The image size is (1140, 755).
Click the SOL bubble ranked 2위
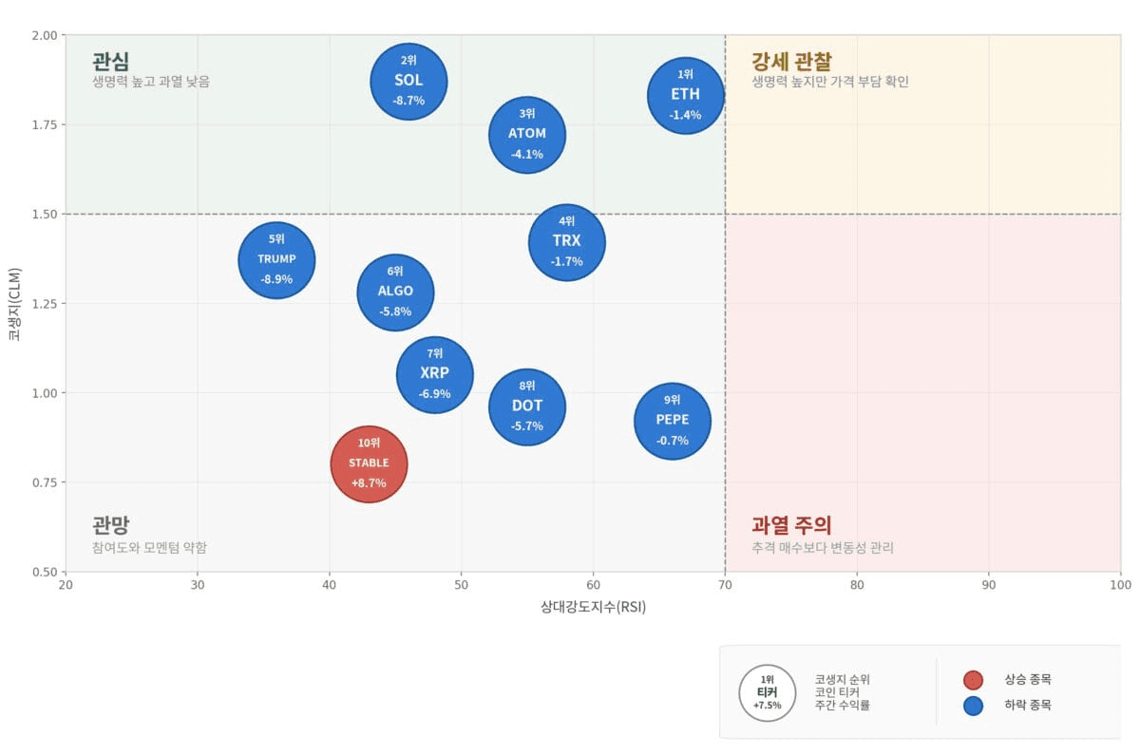(408, 82)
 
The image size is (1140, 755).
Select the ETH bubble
(686, 96)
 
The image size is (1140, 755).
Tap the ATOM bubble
(527, 135)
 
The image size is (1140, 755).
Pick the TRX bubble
(567, 242)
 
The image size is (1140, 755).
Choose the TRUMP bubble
(276, 260)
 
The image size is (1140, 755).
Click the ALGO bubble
(395, 293)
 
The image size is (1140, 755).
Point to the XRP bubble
(435, 375)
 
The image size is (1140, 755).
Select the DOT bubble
(527, 407)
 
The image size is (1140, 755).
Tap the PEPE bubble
(673, 422)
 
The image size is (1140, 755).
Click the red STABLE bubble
(369, 464)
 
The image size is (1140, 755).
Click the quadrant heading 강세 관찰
(791, 62)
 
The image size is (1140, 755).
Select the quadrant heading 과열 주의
(791, 525)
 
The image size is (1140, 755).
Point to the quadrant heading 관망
(110, 525)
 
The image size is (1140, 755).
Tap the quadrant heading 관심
(110, 62)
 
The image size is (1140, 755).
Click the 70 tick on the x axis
(725, 585)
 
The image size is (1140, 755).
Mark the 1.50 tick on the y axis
(45, 215)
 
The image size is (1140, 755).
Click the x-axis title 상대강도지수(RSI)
(593, 607)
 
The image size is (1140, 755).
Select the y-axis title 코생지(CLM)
(14, 304)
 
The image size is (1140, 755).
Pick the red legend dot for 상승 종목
(973, 680)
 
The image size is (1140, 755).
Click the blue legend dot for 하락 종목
(973, 706)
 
